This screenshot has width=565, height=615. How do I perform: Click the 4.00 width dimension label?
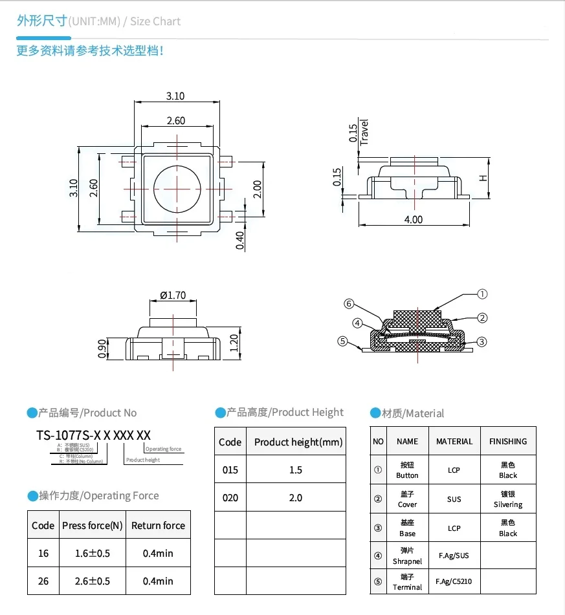coord(413,219)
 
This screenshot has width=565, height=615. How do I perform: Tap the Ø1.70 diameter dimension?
coord(172,296)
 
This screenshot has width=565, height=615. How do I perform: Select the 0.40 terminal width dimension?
coord(240,240)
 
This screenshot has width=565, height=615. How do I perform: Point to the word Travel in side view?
coord(364,132)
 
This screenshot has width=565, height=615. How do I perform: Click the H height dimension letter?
coord(482,178)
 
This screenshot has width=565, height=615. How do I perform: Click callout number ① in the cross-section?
coord(482,294)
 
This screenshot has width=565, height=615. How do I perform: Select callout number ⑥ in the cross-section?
coord(348,303)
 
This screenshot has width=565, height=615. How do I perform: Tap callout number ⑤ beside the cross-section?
coord(343,341)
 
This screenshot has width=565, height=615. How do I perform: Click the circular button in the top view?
coord(176,187)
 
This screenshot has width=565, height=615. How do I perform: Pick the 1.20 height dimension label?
coord(234,343)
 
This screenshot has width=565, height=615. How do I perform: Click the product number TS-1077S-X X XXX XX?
coord(93,435)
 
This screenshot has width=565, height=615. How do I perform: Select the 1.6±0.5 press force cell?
coord(92,553)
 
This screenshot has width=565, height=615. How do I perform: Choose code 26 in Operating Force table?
coord(43,581)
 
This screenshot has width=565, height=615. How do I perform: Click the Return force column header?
coord(158,525)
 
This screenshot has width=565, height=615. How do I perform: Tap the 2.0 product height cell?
coord(296,497)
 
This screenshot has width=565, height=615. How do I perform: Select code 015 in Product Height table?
coord(230,469)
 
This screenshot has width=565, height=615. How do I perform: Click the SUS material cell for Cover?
coord(454,499)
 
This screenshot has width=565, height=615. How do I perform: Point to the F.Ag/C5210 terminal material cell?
coord(454,581)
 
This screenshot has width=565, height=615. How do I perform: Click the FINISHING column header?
coord(508,441)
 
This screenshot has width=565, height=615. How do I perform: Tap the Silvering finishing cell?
coord(508,499)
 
